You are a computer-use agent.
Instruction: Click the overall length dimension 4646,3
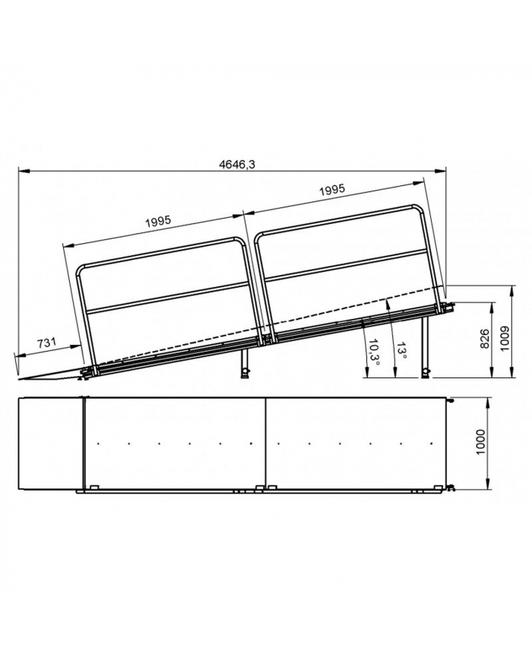click(x=237, y=165)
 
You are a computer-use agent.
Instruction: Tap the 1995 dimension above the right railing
click(x=332, y=191)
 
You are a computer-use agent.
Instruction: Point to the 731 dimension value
click(x=47, y=343)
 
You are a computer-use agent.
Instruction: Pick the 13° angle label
click(x=402, y=350)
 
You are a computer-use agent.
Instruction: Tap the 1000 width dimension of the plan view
click(x=480, y=442)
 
